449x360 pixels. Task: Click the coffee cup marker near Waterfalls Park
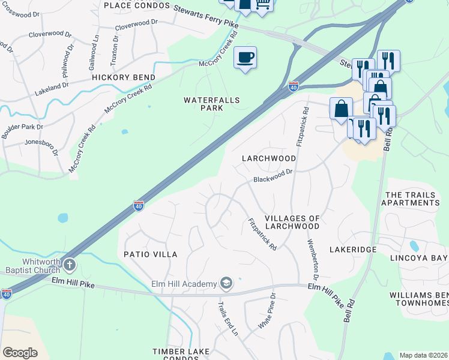coord(245,58)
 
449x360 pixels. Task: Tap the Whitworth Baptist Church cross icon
coord(70,265)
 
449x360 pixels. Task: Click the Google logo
coord(20,352)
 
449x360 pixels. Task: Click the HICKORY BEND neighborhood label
coord(124,77)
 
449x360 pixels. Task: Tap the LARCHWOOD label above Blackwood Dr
coord(269,158)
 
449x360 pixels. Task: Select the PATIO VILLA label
coord(151,254)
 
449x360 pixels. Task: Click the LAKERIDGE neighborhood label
coord(353,249)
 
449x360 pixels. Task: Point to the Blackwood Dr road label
coord(273,175)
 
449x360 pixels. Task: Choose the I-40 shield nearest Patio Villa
coord(138,206)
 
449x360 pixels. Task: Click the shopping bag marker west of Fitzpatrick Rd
coord(341,109)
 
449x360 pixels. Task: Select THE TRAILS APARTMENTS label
coord(412,199)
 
